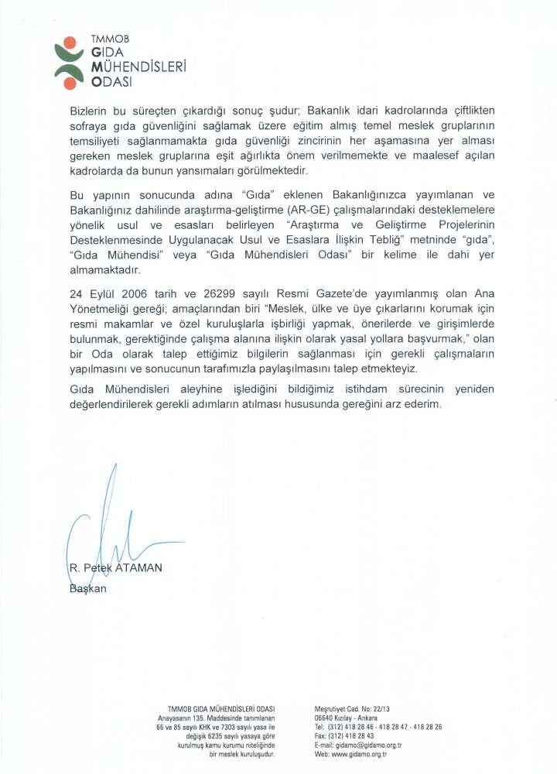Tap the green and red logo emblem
(69, 62)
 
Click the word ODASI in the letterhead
(111, 80)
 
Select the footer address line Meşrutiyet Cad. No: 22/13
(352, 709)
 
